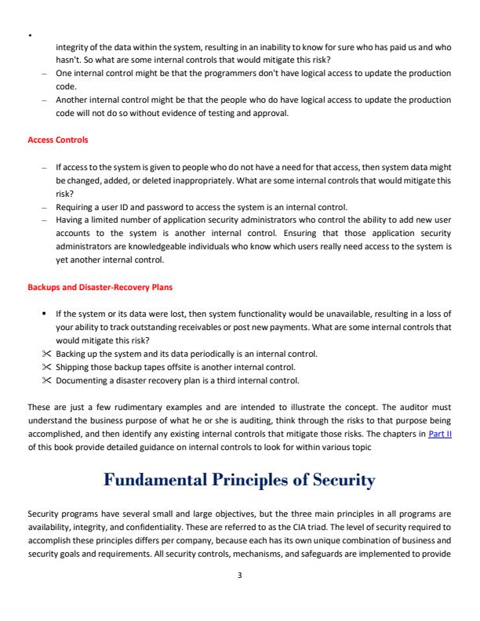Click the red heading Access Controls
(x=58, y=140)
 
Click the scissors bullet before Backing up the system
(x=49, y=354)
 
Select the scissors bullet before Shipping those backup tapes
(x=49, y=367)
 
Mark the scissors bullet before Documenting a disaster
(x=49, y=380)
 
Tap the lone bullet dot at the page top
(x=29, y=35)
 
